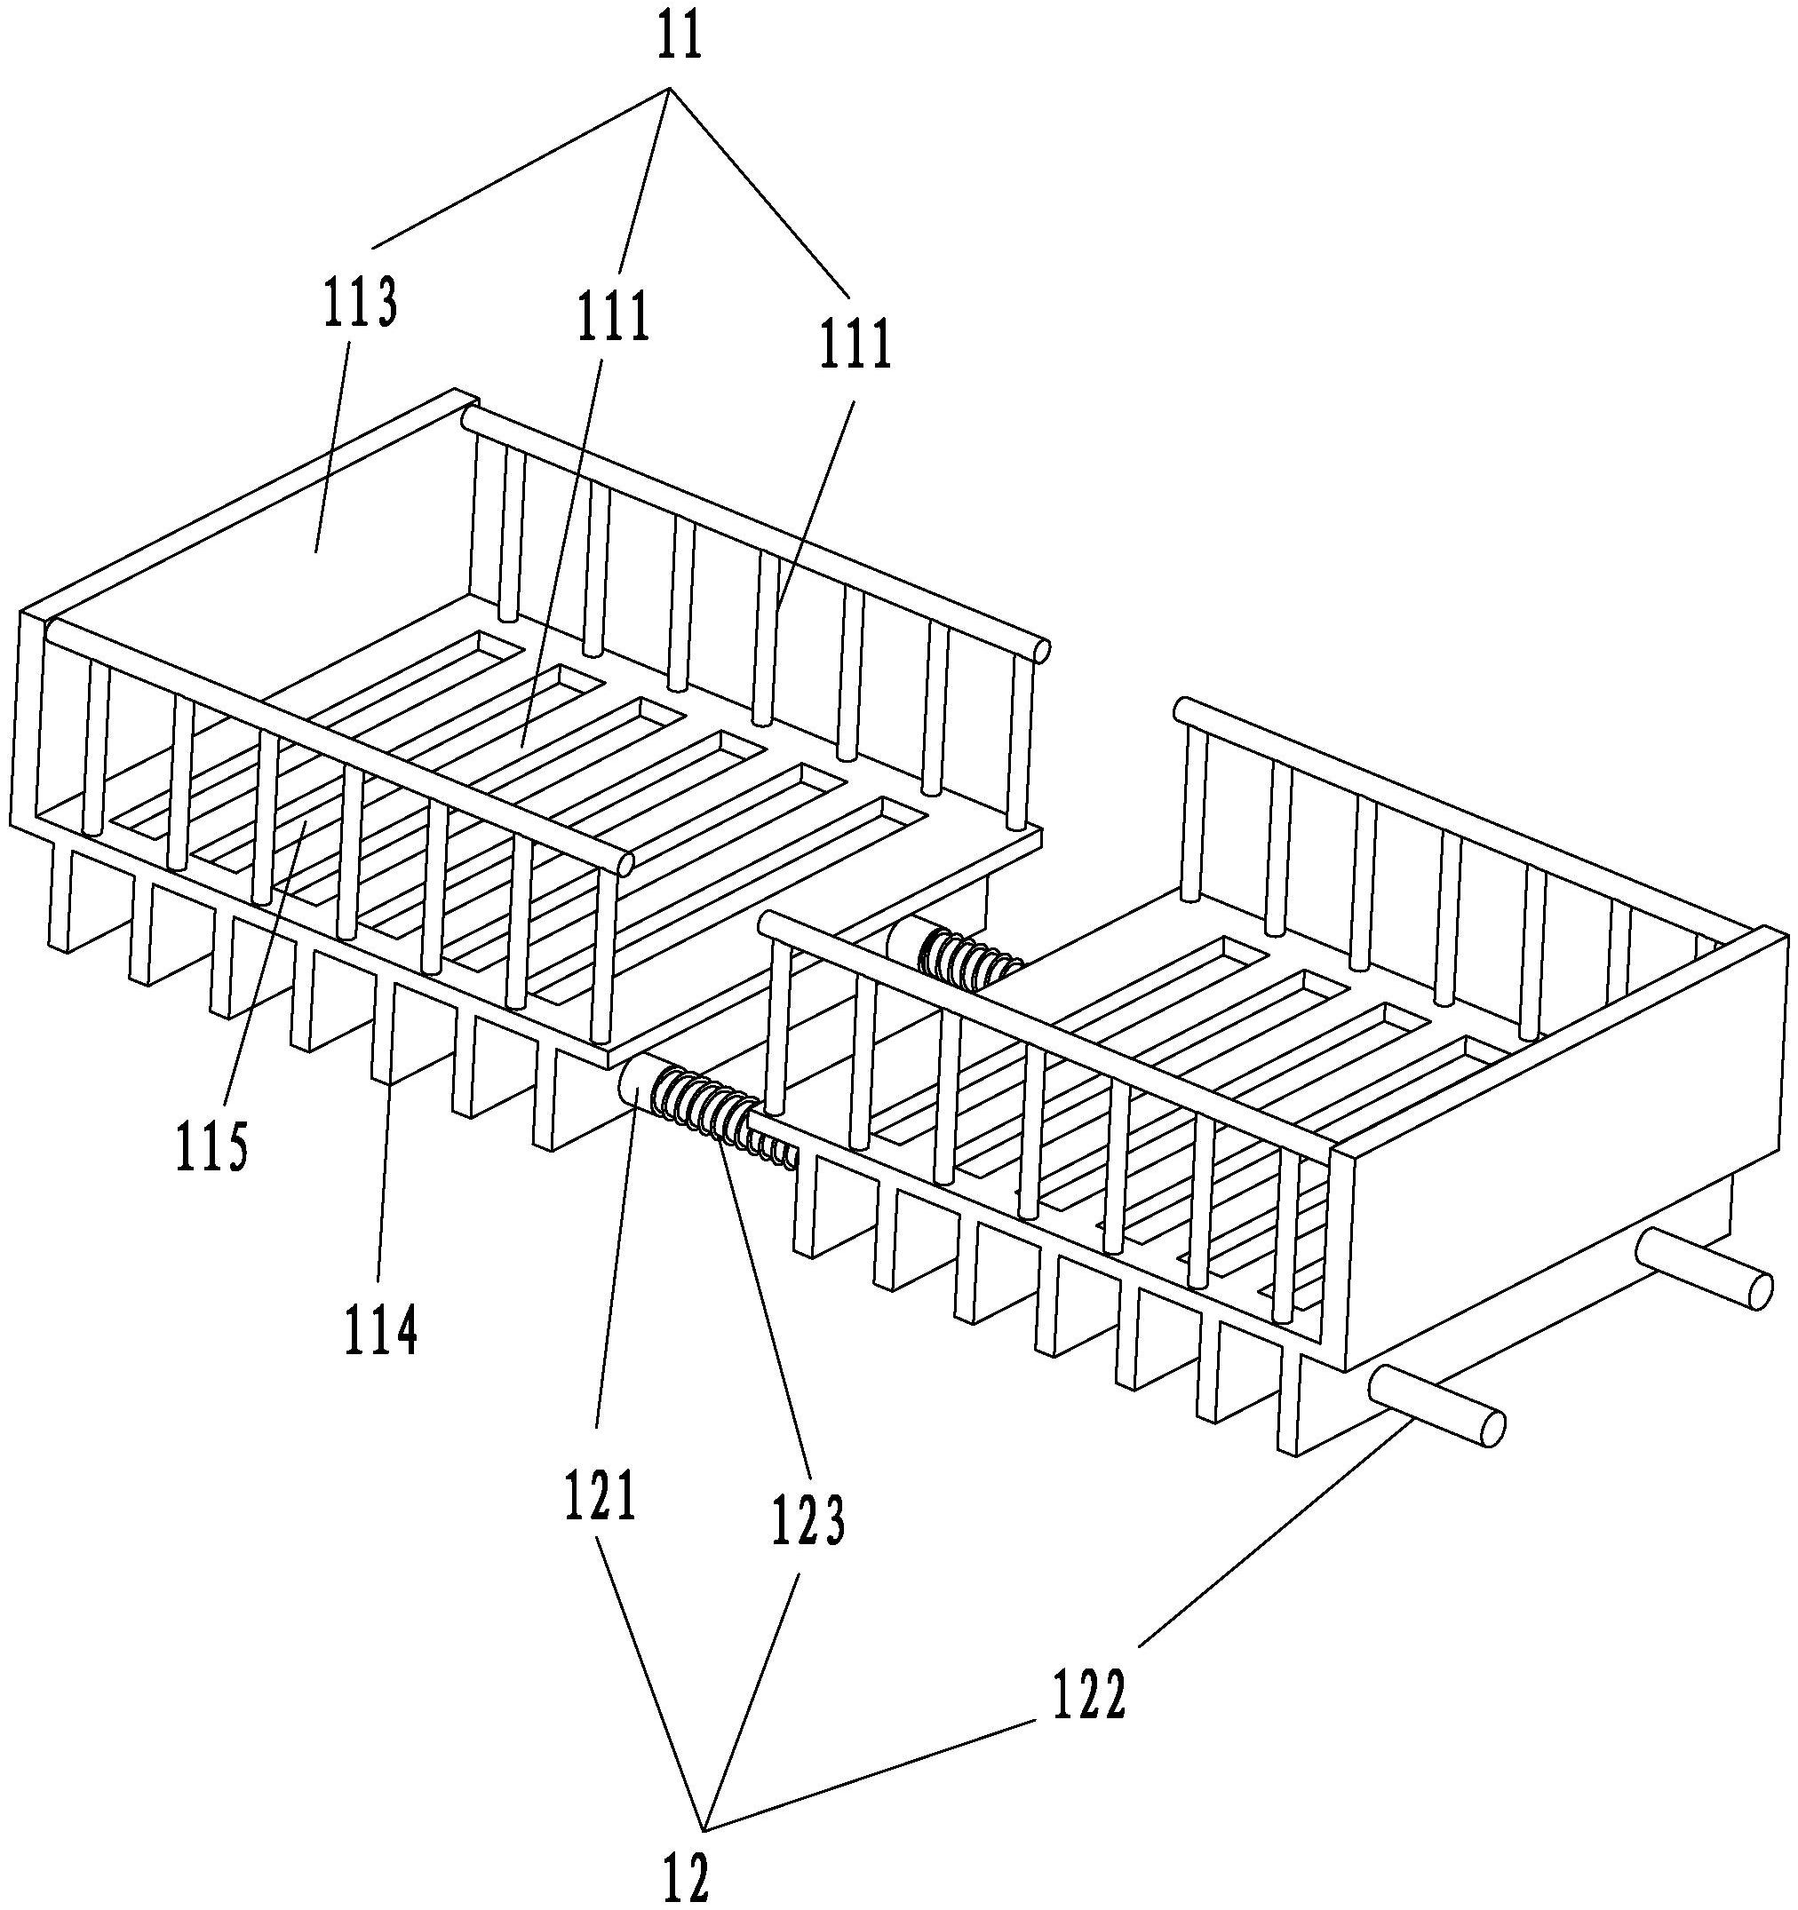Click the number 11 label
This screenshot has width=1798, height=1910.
click(x=680, y=37)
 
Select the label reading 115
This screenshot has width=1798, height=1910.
click(x=212, y=1145)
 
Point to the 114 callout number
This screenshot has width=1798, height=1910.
click(x=381, y=1328)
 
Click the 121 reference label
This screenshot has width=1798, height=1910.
click(x=601, y=1495)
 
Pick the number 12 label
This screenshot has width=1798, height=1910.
click(x=686, y=1873)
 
